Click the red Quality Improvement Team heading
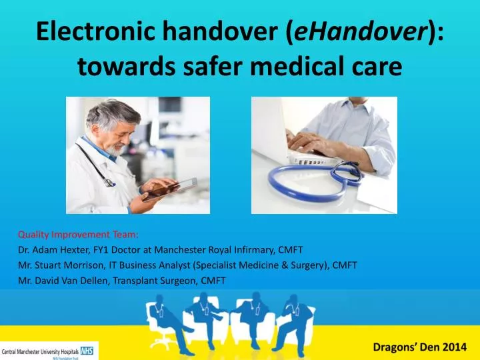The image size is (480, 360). coord(78,235)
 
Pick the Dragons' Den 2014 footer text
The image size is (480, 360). coord(420,347)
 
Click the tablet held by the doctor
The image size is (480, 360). coord(170,189)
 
